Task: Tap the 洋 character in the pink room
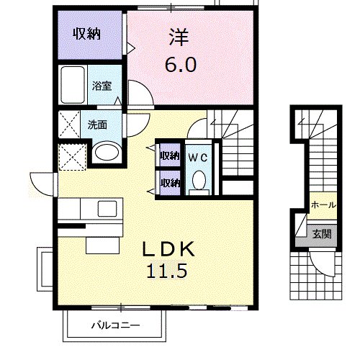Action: click(179, 36)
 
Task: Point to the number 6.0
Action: click(179, 63)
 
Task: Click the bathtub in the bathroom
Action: click(73, 86)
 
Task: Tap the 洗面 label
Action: click(98, 124)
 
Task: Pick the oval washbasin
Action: click(107, 153)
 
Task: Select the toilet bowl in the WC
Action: click(199, 180)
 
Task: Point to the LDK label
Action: click(167, 249)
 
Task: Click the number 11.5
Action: click(167, 273)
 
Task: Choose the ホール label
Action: click(322, 205)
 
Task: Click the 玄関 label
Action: click(321, 233)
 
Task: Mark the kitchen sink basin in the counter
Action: click(107, 209)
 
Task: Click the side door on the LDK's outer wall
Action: click(42, 184)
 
